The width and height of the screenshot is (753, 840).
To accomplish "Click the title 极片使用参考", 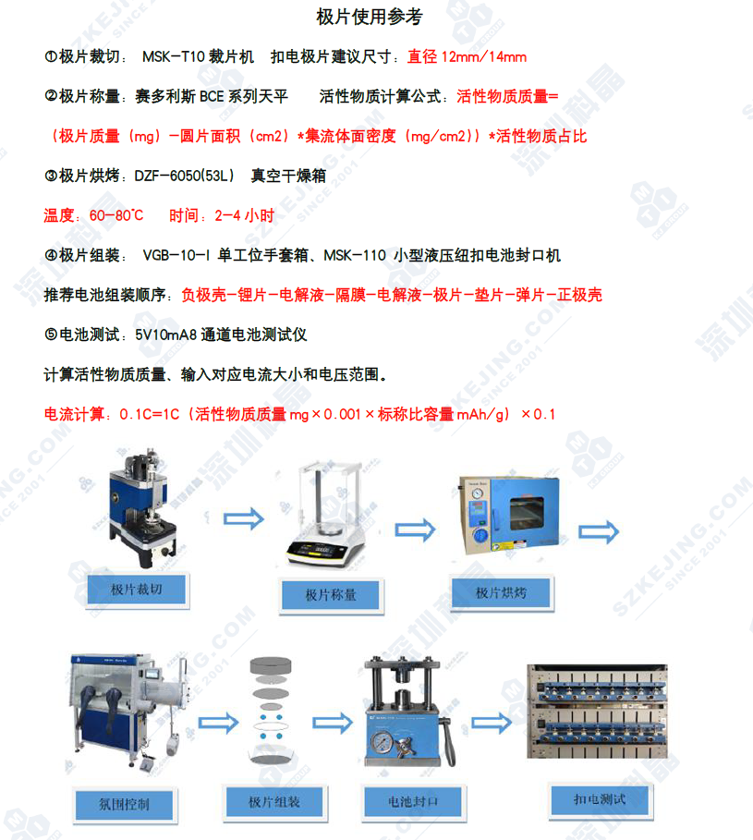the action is [x=370, y=17].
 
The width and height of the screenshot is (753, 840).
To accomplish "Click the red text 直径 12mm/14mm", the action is [x=467, y=56].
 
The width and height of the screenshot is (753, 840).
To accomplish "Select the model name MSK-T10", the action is [x=174, y=56].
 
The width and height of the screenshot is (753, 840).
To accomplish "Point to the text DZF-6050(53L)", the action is [x=184, y=176].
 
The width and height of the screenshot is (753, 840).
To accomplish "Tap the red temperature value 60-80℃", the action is [x=116, y=215].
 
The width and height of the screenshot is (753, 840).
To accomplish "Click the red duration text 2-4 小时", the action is [x=244, y=215].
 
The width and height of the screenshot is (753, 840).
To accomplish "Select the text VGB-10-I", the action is [x=176, y=256].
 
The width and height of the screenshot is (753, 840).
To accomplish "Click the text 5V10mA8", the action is [x=166, y=335].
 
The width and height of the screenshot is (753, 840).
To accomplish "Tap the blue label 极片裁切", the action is [x=137, y=590].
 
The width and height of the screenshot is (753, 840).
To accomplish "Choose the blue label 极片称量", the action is [x=331, y=595].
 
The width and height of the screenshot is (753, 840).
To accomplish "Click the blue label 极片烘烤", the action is [x=502, y=592].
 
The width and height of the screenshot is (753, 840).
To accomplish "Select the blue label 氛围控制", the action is [x=124, y=805].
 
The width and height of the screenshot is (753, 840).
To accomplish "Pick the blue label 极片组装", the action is [x=274, y=802].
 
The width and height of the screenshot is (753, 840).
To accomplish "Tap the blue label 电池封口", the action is [x=413, y=802].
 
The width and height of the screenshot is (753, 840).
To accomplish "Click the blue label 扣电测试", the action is [x=600, y=800].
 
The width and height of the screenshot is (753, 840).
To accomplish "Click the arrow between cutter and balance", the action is [x=244, y=518].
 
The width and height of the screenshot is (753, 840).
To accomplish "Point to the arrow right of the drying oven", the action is [x=599, y=531].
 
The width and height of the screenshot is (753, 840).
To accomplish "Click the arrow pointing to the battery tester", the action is [x=492, y=724].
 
